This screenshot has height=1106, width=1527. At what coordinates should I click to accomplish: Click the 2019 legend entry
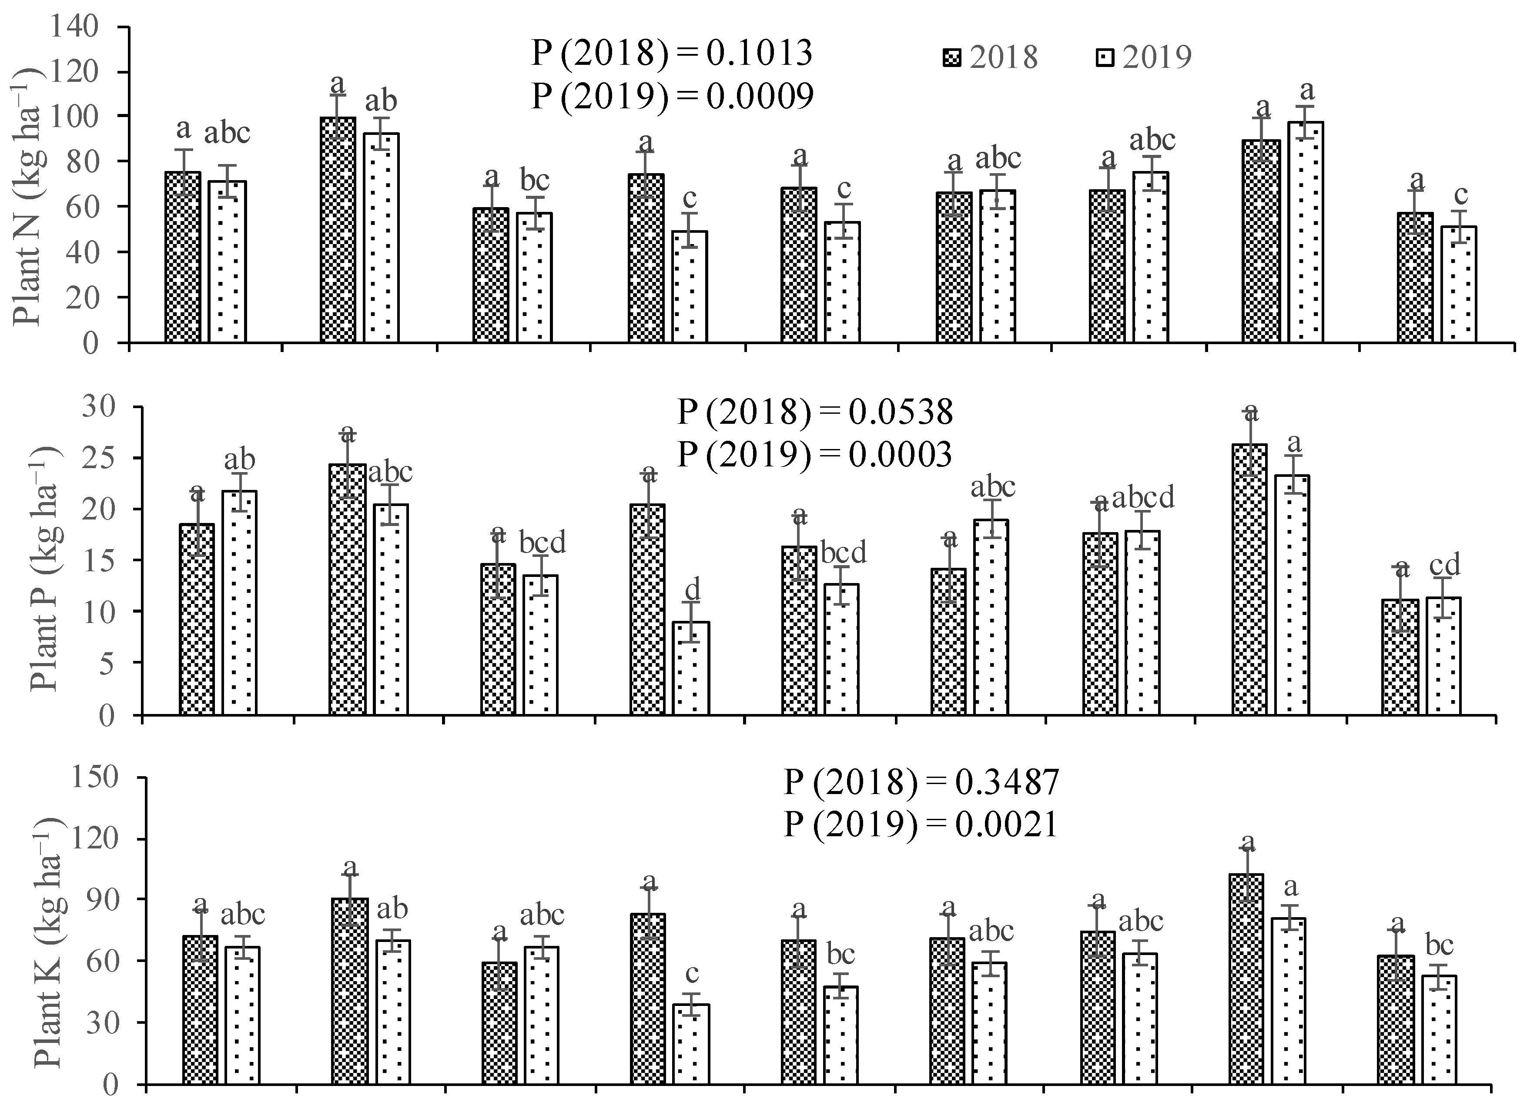pos(1141,58)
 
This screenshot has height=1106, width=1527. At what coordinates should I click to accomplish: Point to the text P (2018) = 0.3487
pos(921,782)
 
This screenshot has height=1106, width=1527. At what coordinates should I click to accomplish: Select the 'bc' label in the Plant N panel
pos(535,181)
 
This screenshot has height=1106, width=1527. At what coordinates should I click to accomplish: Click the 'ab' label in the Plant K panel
pos(392,909)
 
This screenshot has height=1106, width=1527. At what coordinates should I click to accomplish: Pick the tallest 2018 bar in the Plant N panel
pos(338,230)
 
